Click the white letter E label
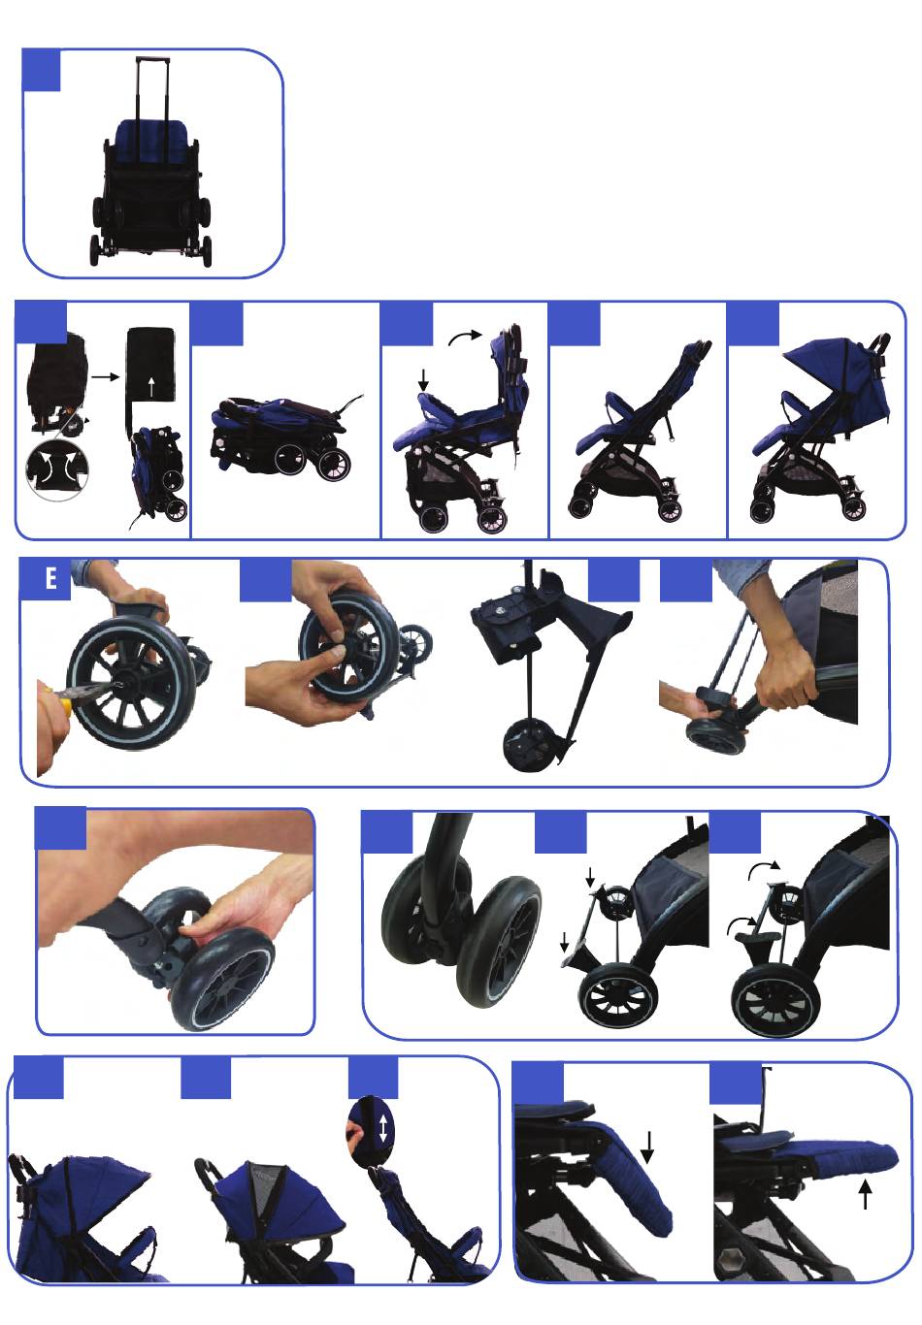coord(50,578)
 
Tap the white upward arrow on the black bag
coord(151,387)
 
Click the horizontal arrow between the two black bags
coord(106,376)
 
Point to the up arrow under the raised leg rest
coord(866,1194)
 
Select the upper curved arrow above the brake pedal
coord(764,869)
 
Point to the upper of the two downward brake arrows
coord(590,878)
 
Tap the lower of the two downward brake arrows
coord(565,942)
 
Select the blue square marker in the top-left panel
coord(42,71)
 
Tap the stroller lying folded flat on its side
coord(281,435)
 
